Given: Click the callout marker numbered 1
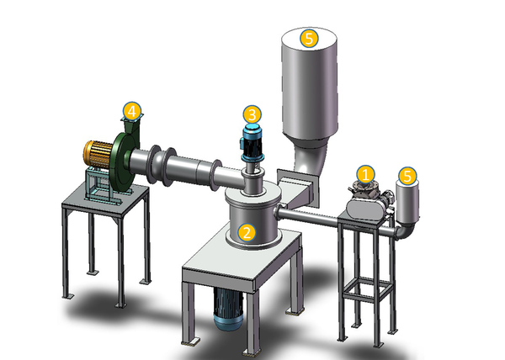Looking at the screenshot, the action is click(365, 175).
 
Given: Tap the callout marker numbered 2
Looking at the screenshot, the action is click(247, 232).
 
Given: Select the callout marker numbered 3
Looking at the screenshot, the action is click(252, 114).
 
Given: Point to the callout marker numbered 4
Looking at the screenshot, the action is click(132, 111).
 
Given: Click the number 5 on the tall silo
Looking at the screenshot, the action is click(309, 39).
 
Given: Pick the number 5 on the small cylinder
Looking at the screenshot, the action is click(407, 176).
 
